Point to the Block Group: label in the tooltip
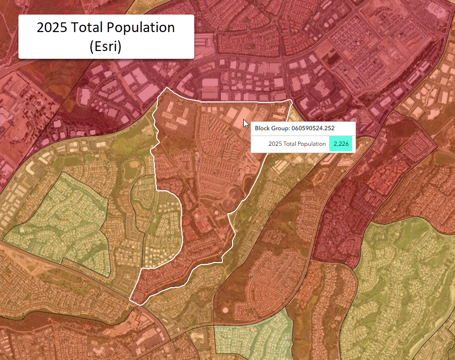click(x=272, y=129)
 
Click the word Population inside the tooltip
click(x=310, y=144)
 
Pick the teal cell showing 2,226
click(x=342, y=144)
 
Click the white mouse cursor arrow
click(x=246, y=123)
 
